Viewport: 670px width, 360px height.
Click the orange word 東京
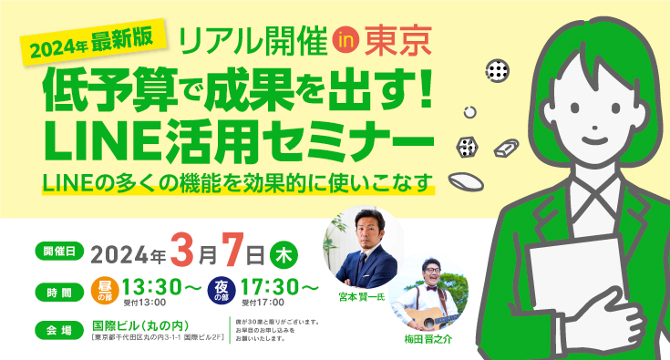394,38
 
